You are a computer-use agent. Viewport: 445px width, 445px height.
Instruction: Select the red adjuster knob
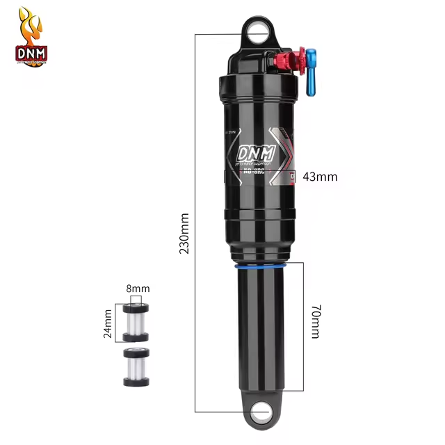click(x=297, y=61)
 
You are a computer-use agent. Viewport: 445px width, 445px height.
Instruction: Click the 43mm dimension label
click(x=321, y=177)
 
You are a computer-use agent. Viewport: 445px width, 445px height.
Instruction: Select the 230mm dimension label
click(x=184, y=233)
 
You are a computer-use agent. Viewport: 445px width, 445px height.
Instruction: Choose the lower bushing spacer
click(x=135, y=366)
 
